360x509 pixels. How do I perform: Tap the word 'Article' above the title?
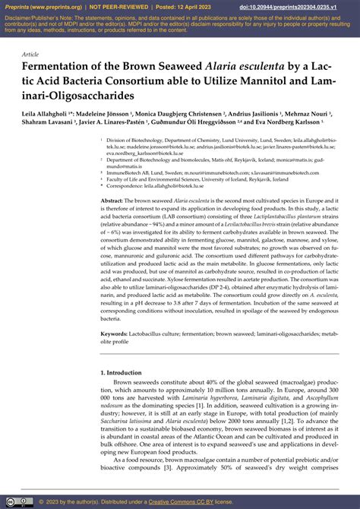point(31,55)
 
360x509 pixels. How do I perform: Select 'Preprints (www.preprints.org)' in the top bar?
point(41,7)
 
